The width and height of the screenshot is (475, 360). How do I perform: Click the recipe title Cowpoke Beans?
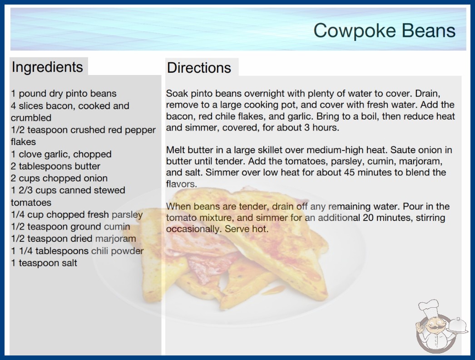tap(384, 30)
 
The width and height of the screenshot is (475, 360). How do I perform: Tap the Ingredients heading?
tap(47, 67)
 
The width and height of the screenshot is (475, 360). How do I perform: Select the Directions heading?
tap(199, 68)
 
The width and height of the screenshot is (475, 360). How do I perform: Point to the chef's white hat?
tap(428, 307)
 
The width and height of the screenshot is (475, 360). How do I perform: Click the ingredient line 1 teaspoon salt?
tap(44, 263)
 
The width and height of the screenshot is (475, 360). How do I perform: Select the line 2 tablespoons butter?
tap(55, 166)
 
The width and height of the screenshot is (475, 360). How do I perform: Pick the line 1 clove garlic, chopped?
tap(61, 155)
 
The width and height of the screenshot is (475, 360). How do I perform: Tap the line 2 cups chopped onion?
tap(59, 178)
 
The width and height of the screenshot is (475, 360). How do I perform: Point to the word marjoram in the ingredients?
tap(115, 239)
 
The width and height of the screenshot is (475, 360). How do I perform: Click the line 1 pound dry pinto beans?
tap(64, 94)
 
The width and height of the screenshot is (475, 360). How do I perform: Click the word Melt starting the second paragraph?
tap(175, 150)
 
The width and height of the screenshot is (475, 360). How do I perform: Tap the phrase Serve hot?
tap(246, 229)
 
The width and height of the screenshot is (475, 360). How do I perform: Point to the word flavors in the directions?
tap(182, 184)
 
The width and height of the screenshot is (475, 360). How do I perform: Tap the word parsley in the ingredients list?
tap(127, 215)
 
